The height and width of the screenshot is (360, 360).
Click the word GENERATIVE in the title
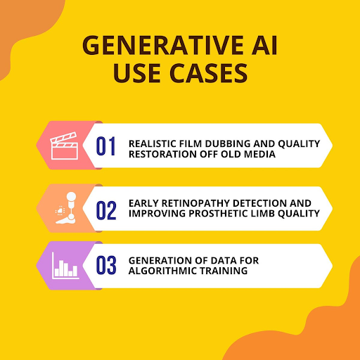pos(163,45)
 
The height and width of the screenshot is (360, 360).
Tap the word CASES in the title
pos(208,73)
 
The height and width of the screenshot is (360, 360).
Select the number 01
pos(105,146)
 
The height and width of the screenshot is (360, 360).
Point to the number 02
pos(106,210)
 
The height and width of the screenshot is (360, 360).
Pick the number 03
pos(106,265)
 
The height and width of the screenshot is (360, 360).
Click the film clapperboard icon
pos(64,146)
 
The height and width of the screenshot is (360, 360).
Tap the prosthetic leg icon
pos(66,208)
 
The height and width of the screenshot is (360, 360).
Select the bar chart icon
pos(65,266)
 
